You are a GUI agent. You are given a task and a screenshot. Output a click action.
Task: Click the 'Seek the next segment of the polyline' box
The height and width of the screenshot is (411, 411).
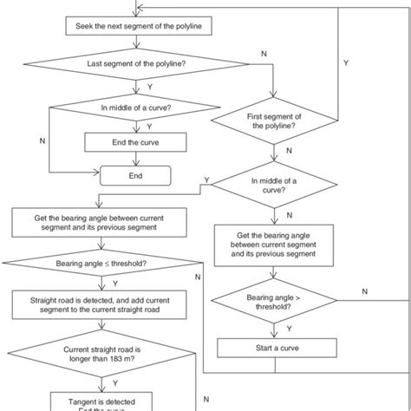coord(135,26)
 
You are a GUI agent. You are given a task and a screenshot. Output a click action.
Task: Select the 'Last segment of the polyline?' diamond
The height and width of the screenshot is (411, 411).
coord(135,65)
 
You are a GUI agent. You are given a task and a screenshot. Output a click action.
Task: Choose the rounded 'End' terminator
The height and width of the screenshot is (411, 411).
coord(135,175)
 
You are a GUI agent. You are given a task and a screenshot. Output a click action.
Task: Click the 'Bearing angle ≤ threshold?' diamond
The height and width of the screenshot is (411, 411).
coord(102,263)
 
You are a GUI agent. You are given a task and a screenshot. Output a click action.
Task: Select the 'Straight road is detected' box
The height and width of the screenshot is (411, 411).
coord(102,304)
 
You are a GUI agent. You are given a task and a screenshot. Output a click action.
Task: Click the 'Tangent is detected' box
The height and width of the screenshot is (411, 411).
coord(102,401)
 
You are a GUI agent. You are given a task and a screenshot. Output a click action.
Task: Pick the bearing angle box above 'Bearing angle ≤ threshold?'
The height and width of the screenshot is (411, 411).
coord(102,221)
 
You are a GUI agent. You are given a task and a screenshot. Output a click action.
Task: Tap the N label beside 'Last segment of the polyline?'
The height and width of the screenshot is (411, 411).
coord(264,55)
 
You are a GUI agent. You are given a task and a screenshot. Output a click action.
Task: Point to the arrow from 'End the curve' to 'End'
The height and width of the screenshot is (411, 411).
coord(135,160)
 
